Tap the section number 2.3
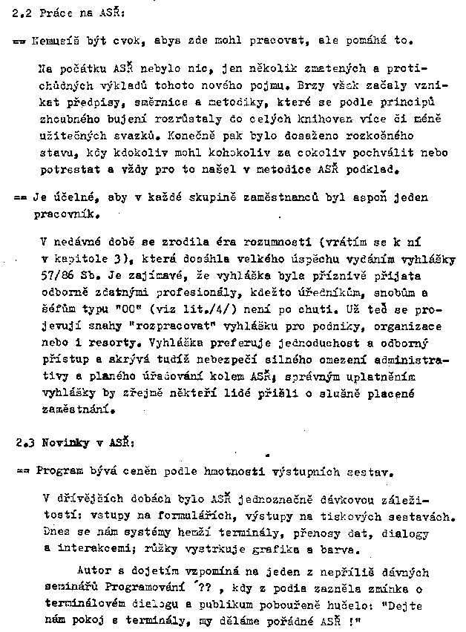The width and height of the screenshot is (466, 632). (x=25, y=444)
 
